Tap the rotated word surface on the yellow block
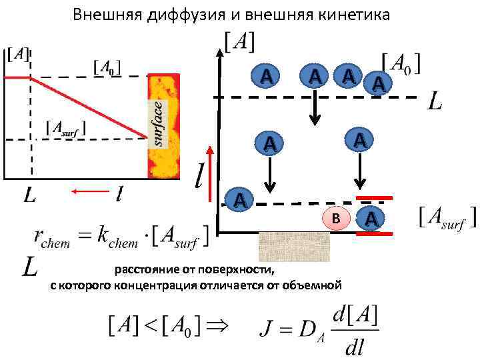(x=157, y=123)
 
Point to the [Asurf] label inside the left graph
(x=65, y=127)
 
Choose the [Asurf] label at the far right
(x=447, y=217)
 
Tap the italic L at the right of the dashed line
(x=434, y=102)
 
